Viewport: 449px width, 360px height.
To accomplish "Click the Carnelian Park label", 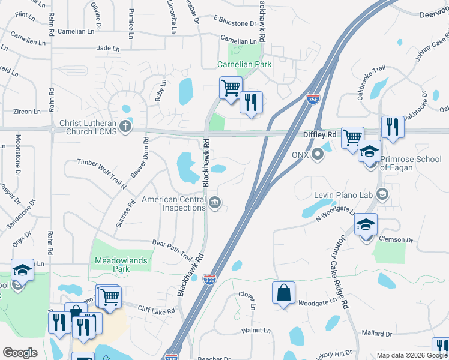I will tap(244, 64).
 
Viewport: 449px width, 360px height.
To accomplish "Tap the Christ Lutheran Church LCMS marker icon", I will tap(125, 126).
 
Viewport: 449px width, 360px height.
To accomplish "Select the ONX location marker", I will tap(318, 155).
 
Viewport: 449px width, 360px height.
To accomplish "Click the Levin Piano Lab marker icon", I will tap(382, 194).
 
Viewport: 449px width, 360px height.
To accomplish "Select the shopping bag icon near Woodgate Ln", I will tap(283, 293).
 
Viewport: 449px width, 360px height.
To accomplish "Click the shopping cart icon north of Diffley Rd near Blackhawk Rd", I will tap(231, 88).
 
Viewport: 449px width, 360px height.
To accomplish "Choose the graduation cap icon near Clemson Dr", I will tap(365, 224).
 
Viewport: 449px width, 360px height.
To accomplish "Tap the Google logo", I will tap(20, 352).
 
